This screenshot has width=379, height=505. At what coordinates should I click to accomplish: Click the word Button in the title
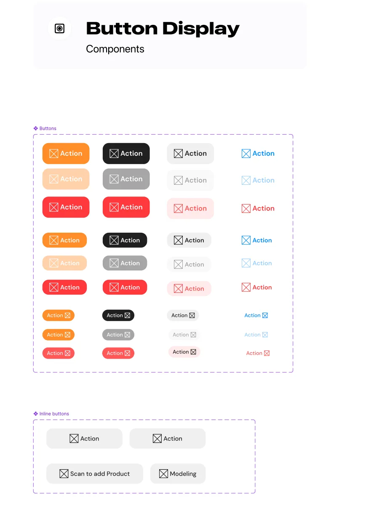tap(122, 28)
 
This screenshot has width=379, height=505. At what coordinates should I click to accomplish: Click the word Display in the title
tap(201, 29)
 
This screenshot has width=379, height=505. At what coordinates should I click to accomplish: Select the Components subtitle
tap(115, 49)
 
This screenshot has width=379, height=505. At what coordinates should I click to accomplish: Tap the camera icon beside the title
tap(59, 28)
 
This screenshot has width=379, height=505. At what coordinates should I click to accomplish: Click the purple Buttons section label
tap(48, 128)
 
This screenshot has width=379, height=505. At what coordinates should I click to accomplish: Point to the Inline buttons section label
tap(54, 413)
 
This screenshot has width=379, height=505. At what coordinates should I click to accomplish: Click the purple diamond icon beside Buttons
tap(36, 128)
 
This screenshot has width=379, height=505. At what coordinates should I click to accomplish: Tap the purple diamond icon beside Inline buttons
tap(36, 413)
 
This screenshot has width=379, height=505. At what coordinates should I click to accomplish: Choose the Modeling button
tap(178, 473)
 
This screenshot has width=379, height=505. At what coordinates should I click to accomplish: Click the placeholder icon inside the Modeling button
tap(163, 473)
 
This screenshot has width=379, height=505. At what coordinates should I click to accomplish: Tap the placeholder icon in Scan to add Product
tap(64, 473)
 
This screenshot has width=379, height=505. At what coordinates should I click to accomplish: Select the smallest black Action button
tap(118, 315)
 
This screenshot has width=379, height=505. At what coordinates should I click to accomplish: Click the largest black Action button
tap(126, 153)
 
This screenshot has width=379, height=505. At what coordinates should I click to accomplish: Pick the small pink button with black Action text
tap(184, 351)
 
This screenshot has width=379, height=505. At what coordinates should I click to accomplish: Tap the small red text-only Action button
tap(257, 353)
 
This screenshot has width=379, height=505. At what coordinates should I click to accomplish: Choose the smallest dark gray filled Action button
tap(118, 334)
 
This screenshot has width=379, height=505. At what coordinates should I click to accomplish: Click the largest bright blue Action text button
tap(258, 153)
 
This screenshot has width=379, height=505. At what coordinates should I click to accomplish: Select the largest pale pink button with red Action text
tap(190, 208)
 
